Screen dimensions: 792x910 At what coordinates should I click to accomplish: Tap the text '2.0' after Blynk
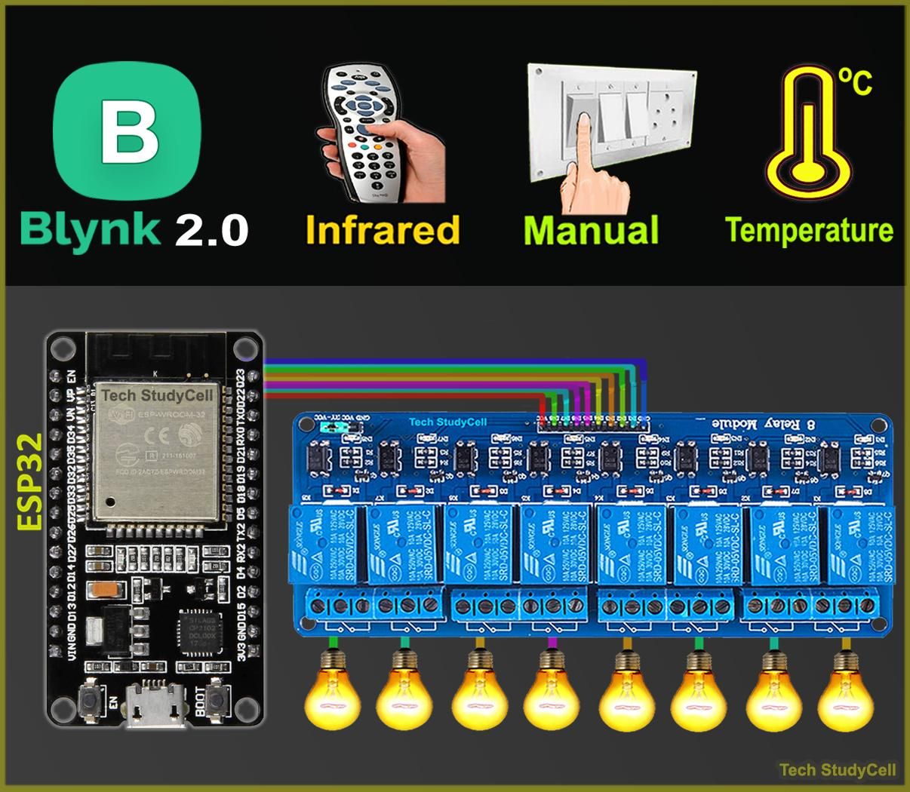tap(212, 231)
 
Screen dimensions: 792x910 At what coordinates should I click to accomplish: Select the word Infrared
tap(383, 230)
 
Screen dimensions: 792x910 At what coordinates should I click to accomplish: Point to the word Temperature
tap(808, 230)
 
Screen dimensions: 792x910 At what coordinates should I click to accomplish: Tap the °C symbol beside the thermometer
tap(856, 82)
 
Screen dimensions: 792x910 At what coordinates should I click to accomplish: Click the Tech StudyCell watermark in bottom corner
tap(837, 770)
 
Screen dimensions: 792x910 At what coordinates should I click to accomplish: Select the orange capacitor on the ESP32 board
tap(102, 589)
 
